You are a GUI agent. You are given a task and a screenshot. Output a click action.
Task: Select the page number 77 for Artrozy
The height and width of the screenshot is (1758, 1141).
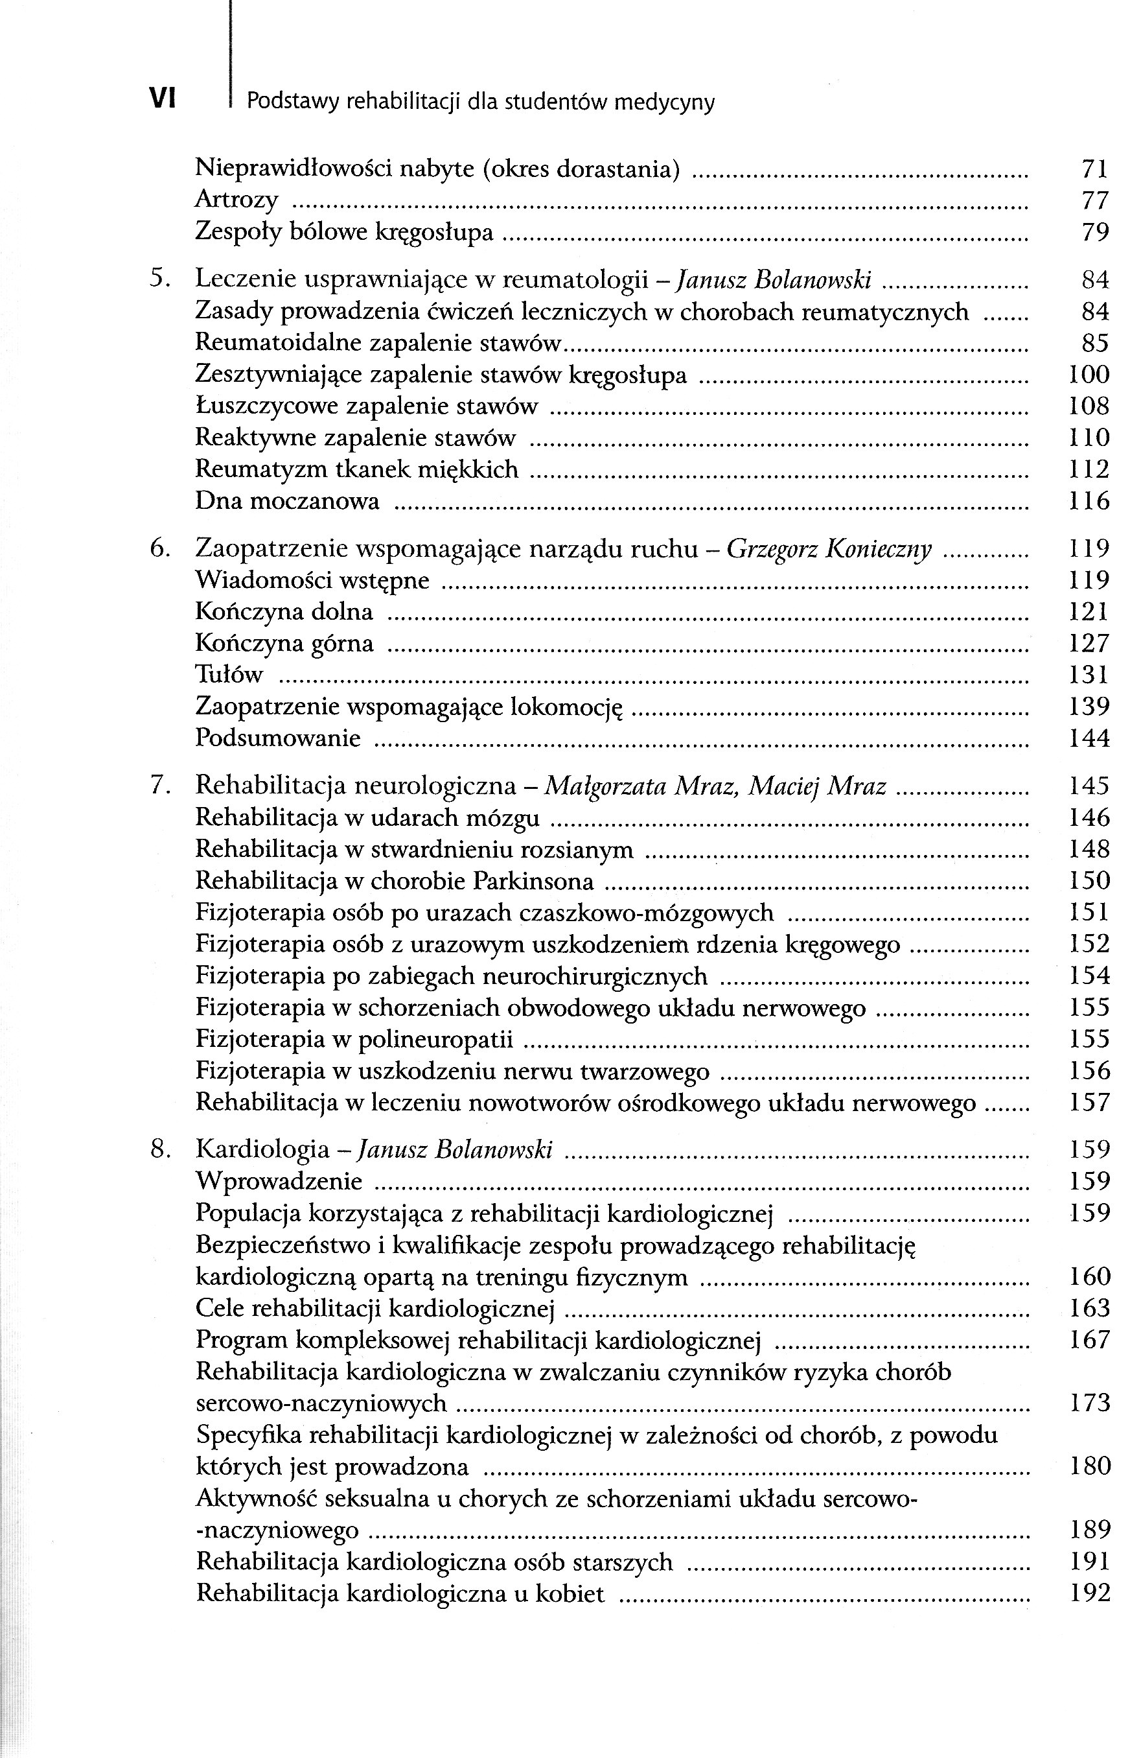coord(1094,200)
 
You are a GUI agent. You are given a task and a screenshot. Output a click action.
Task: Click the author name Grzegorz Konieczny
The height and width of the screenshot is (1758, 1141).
coord(829,549)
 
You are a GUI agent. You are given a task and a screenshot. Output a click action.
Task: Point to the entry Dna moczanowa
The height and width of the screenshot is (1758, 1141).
coord(286,502)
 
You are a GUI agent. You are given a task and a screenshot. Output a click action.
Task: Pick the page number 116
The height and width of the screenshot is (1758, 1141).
coord(1089,502)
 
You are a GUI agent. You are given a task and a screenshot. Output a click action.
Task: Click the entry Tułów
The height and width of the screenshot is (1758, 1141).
coord(228,674)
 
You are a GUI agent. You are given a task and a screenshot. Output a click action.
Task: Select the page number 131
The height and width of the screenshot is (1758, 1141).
coord(1089,674)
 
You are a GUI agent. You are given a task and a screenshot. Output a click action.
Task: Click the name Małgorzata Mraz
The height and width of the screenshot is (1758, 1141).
coord(638,786)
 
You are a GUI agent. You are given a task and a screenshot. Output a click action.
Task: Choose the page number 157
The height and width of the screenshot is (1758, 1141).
coord(1089,1103)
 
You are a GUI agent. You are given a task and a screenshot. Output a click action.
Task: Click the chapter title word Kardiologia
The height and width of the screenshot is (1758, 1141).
coord(262,1149)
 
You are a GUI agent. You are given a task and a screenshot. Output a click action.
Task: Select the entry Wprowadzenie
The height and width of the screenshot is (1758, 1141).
coord(279,1181)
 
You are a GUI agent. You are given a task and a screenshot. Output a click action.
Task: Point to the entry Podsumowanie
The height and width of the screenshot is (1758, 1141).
coord(278,738)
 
